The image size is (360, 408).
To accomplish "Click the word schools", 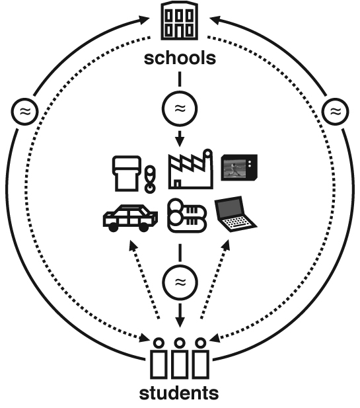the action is point(180,58).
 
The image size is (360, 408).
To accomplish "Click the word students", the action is point(179,393).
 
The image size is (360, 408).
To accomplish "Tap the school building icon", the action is point(180,20).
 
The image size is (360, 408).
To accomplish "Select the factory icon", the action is point(191,169).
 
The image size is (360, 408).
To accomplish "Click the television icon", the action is point(239,167).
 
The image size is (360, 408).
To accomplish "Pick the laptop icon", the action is point(235,214).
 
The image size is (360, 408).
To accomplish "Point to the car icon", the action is point(130,218).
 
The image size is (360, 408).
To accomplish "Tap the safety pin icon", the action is point(150,179).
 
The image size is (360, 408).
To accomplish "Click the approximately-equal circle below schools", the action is point(180,108).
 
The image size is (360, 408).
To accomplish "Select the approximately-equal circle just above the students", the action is point(180,282).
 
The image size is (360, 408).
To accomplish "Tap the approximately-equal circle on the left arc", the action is point(24,112).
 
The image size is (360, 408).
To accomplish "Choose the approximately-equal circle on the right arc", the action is point(336,112).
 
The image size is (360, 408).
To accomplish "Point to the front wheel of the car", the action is point(113,227).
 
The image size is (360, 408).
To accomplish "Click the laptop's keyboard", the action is point(236,222).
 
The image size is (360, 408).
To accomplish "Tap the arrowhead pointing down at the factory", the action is point(180,142).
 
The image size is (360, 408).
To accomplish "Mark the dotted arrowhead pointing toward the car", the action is point(133,245).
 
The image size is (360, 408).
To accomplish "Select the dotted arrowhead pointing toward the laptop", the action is point(226,245).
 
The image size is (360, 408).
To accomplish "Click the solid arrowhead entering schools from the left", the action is point(144,20).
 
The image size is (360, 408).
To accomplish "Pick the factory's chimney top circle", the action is point(208,153).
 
